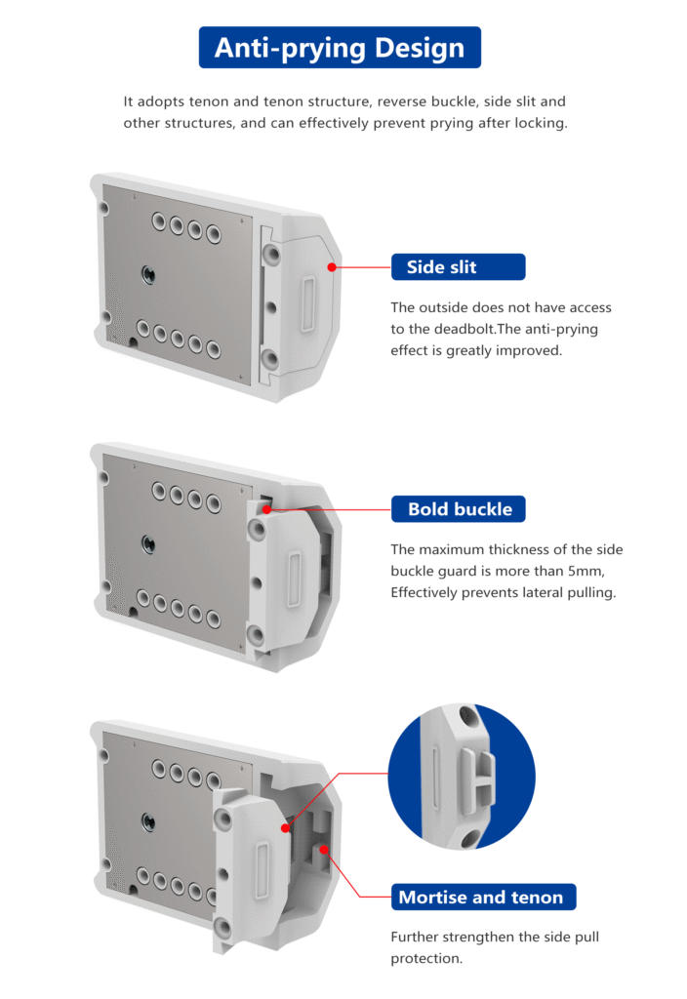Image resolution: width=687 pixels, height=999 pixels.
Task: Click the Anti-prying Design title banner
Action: click(x=340, y=47)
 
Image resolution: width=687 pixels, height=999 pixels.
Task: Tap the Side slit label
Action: click(x=459, y=267)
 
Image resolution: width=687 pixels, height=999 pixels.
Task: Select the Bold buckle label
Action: click(x=459, y=509)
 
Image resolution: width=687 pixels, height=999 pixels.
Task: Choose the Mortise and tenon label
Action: click(x=483, y=898)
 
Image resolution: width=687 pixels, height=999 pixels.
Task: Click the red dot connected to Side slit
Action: click(x=332, y=267)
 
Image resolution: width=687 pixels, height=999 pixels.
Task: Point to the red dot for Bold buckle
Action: click(x=266, y=509)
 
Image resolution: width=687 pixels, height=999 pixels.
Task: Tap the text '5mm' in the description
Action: click(x=585, y=571)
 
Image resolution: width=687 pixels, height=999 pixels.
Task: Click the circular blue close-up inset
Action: click(x=462, y=776)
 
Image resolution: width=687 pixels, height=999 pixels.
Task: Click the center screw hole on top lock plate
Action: click(x=148, y=274)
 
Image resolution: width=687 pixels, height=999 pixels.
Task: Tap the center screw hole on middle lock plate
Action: click(x=148, y=544)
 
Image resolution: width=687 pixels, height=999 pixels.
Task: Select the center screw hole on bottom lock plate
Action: click(x=148, y=821)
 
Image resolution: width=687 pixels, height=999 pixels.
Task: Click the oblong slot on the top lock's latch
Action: click(x=307, y=304)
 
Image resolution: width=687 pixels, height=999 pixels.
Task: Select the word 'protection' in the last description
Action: click(x=426, y=958)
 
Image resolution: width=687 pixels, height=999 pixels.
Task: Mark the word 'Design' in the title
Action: click(x=420, y=49)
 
